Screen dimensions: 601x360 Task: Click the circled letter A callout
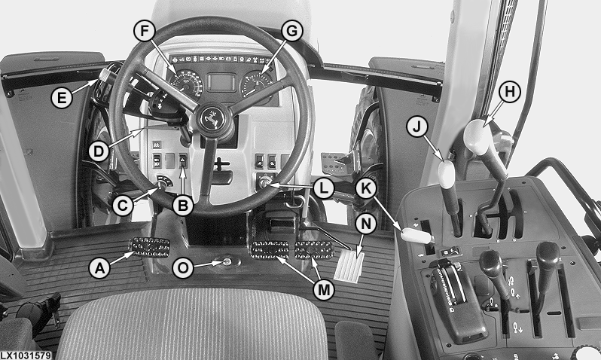point(99,267)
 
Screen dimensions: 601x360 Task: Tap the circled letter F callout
point(145,30)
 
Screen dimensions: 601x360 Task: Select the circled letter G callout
point(292,31)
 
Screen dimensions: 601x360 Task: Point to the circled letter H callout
point(510,92)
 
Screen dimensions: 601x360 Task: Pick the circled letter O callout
point(183,267)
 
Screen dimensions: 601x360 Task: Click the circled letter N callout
point(366,224)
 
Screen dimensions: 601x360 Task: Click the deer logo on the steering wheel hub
point(211,117)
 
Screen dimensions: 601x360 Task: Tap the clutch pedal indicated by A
point(150,247)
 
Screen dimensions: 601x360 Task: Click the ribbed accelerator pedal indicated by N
point(349,265)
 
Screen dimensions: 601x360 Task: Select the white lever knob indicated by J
point(446,175)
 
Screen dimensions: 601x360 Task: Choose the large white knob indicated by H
point(477,137)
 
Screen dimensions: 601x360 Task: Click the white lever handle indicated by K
point(417,235)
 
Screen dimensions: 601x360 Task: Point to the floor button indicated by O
point(227,262)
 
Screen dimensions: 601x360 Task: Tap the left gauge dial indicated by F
point(187,83)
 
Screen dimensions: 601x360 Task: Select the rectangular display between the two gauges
point(221,82)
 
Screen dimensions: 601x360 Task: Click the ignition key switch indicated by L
point(264,182)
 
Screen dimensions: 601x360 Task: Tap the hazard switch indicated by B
point(183,160)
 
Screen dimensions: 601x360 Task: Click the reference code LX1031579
point(26,355)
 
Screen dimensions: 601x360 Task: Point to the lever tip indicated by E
point(102,75)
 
